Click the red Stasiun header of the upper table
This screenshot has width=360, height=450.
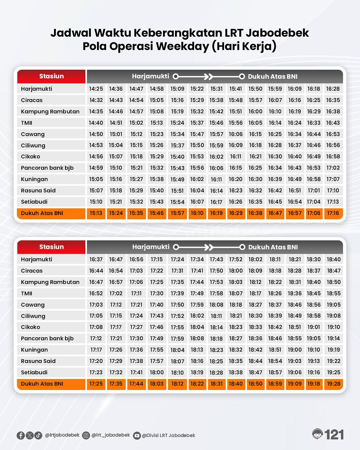click(51, 76)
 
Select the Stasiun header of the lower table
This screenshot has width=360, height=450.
click(51, 247)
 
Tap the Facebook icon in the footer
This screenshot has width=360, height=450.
click(21, 435)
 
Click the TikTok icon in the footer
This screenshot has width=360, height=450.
click(38, 435)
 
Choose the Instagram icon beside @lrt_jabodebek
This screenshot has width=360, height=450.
click(86, 435)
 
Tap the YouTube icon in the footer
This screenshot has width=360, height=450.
click(137, 435)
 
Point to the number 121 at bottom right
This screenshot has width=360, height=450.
click(334, 435)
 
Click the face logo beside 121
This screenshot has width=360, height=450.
click(318, 434)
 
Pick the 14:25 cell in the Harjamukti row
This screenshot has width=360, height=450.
click(96, 89)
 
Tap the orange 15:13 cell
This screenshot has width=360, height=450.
click(96, 213)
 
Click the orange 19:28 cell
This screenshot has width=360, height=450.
click(333, 384)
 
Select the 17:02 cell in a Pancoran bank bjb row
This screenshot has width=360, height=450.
click(333, 168)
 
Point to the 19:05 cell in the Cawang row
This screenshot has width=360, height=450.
click(333, 305)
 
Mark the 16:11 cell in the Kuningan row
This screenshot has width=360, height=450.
click(216, 179)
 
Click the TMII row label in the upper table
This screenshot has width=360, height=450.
click(27, 123)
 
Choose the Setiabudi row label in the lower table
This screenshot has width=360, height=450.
click(34, 372)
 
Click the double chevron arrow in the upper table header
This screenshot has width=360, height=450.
click(208, 77)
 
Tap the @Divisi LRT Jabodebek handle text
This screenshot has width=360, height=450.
click(168, 435)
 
